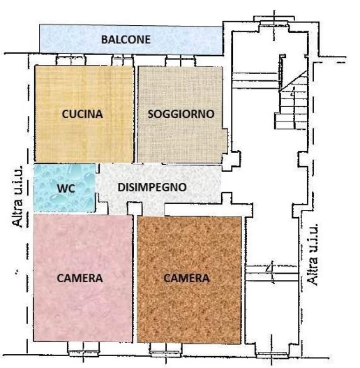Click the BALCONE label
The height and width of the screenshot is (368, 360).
[x=126, y=40]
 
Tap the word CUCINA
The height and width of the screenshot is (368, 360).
[x=82, y=113]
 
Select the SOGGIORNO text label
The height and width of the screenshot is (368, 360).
[x=181, y=113]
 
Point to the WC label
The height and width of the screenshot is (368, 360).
[x=64, y=188]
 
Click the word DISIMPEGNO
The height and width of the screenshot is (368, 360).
[x=151, y=187]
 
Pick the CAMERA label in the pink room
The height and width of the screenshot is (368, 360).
[x=79, y=278]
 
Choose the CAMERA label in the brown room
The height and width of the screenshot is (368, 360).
[x=186, y=278]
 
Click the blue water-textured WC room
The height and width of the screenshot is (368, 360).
[x=64, y=199]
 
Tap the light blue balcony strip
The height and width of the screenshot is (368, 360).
[x=70, y=40]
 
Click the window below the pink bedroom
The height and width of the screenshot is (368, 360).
[x=84, y=346]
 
